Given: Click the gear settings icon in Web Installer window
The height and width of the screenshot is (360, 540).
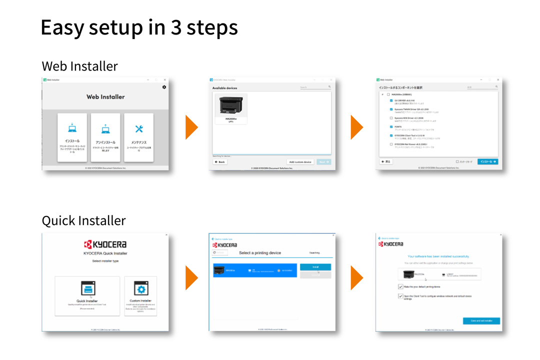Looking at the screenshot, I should [x=164, y=87].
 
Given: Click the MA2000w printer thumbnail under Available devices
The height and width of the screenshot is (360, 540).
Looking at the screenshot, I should [x=230, y=107].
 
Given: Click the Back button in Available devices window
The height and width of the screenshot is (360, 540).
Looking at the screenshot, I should [x=219, y=162].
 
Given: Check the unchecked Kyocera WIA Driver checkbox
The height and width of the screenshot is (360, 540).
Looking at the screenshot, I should [x=391, y=118].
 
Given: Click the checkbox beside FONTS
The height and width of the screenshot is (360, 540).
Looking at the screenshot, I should [x=391, y=126].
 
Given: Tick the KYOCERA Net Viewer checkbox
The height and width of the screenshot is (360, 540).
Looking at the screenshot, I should [x=391, y=144].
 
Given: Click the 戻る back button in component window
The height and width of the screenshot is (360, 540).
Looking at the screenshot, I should [x=386, y=162].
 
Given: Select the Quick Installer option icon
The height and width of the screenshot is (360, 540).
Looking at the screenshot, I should [x=87, y=289].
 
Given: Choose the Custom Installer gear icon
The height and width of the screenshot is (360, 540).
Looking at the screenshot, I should [x=140, y=289].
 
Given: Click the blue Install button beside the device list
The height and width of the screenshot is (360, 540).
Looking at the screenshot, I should [x=315, y=267].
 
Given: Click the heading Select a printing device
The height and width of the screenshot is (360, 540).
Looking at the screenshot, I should [x=260, y=253].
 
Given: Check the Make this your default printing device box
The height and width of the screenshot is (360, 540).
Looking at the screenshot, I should [x=400, y=286].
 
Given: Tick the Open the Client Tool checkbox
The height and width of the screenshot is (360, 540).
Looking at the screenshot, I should [x=400, y=296].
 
